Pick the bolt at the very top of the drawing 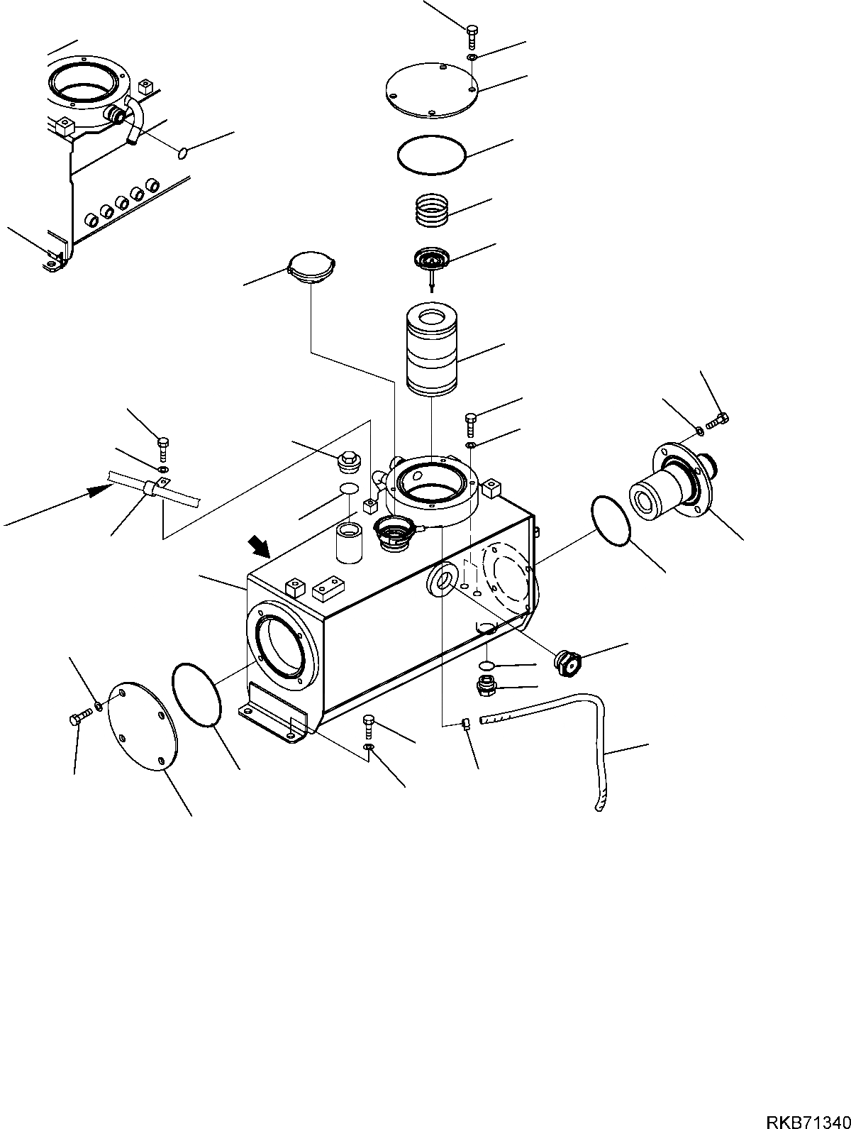472,36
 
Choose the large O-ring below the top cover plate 430,153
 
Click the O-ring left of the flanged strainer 611,522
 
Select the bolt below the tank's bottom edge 369,725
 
